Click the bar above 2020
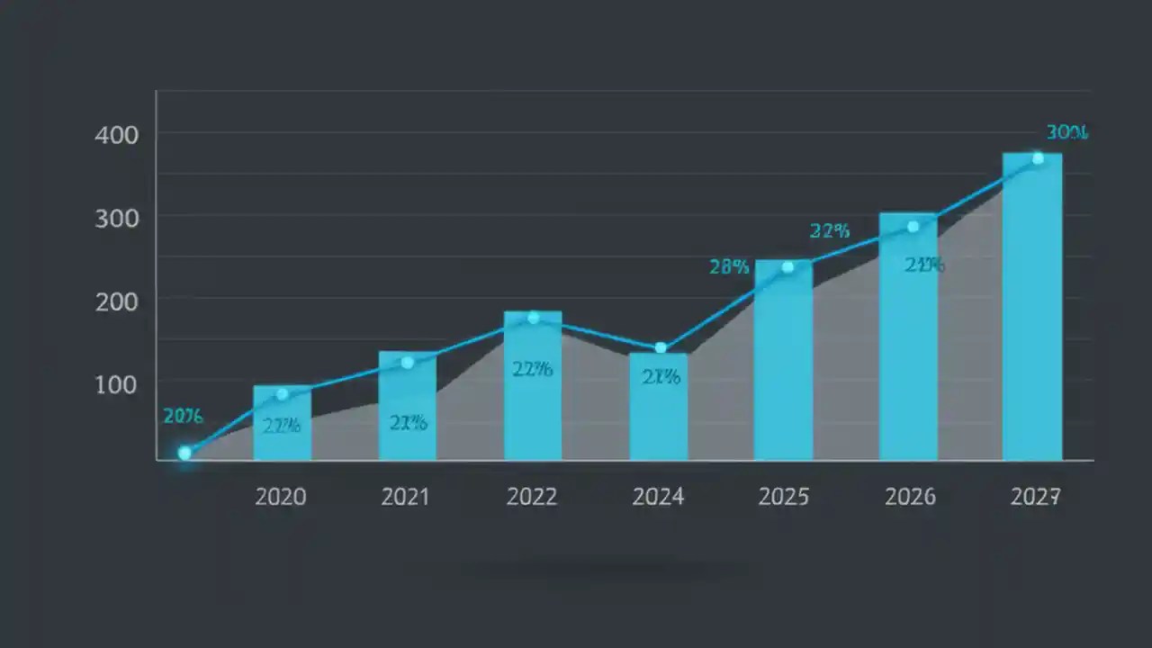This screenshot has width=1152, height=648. [x=282, y=423]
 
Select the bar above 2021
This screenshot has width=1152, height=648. [x=407, y=405]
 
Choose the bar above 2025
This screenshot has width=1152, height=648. [x=783, y=360]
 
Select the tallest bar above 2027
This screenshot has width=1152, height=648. [x=1032, y=306]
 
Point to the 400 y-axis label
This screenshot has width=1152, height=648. [x=116, y=136]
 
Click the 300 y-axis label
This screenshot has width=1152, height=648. [x=116, y=219]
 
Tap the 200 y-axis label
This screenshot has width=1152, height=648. [x=116, y=301]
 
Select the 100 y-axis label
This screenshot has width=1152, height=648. [x=116, y=384]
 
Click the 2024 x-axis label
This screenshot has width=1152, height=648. [x=658, y=497]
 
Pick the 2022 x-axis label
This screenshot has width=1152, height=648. [x=532, y=497]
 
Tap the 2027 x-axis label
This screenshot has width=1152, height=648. [x=1034, y=497]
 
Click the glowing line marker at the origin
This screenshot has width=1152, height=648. [x=184, y=453]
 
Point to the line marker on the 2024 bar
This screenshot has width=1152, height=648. [x=661, y=348]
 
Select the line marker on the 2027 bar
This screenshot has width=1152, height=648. [x=1038, y=158]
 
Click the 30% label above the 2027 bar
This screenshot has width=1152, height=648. [x=1067, y=133]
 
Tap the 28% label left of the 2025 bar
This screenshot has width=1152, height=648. [x=729, y=266]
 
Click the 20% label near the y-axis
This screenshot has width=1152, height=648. [x=183, y=416]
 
